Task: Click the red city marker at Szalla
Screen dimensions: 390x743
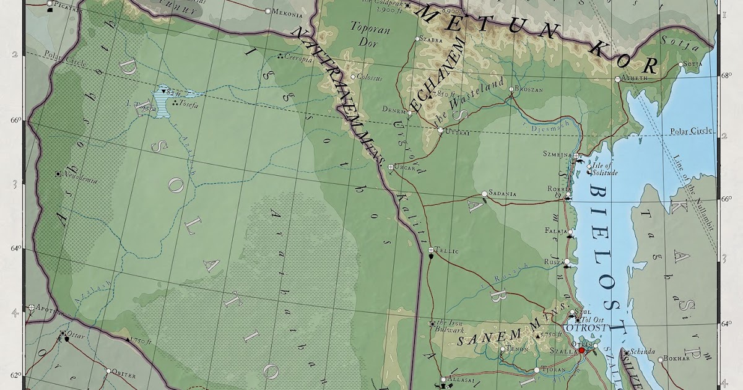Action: point(581,351)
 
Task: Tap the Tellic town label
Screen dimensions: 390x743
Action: point(447,251)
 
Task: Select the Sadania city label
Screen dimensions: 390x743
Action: point(502,194)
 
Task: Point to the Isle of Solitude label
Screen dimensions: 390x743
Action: point(602,168)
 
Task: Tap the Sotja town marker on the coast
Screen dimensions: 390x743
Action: point(680,64)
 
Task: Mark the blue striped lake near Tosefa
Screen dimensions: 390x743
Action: point(163,100)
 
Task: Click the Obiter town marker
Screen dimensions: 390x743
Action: point(108,371)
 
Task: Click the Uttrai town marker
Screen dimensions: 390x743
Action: point(440,131)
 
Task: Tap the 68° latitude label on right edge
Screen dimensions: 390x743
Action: point(726,76)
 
